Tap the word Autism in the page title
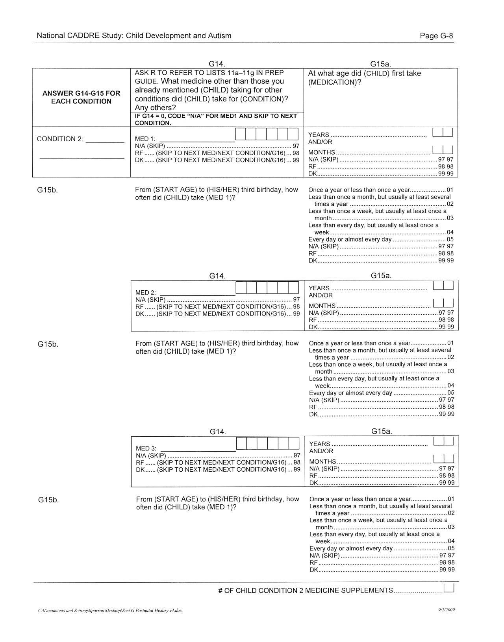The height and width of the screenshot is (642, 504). pyautogui.click(x=221, y=36)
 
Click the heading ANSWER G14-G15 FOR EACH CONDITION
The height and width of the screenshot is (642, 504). pyautogui.click(x=81, y=97)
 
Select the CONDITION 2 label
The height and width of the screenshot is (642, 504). pyautogui.click(x=60, y=139)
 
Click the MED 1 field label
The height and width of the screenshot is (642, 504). pyautogui.click(x=145, y=139)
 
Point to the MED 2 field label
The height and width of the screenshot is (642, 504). pyautogui.click(x=146, y=292)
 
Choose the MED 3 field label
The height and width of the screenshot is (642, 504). pyautogui.click(x=146, y=448)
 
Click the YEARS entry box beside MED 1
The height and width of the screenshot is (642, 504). pyautogui.click(x=443, y=132)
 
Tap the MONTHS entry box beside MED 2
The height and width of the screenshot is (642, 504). pyautogui.click(x=443, y=303)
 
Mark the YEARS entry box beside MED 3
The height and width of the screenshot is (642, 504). pyautogui.click(x=444, y=441)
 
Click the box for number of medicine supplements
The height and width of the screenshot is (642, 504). pyautogui.click(x=449, y=588)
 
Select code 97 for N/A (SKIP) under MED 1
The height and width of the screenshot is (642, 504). pyautogui.click(x=296, y=146)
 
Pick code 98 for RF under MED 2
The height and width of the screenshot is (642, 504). pyautogui.click(x=296, y=307)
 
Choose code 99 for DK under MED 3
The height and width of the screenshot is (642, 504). pyautogui.click(x=297, y=470)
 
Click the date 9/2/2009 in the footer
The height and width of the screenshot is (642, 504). pyautogui.click(x=447, y=610)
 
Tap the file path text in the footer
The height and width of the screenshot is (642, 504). pyautogui.click(x=110, y=611)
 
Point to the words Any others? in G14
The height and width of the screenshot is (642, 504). pyautogui.click(x=155, y=108)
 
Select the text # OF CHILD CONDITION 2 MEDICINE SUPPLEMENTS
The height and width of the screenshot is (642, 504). pyautogui.click(x=306, y=590)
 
